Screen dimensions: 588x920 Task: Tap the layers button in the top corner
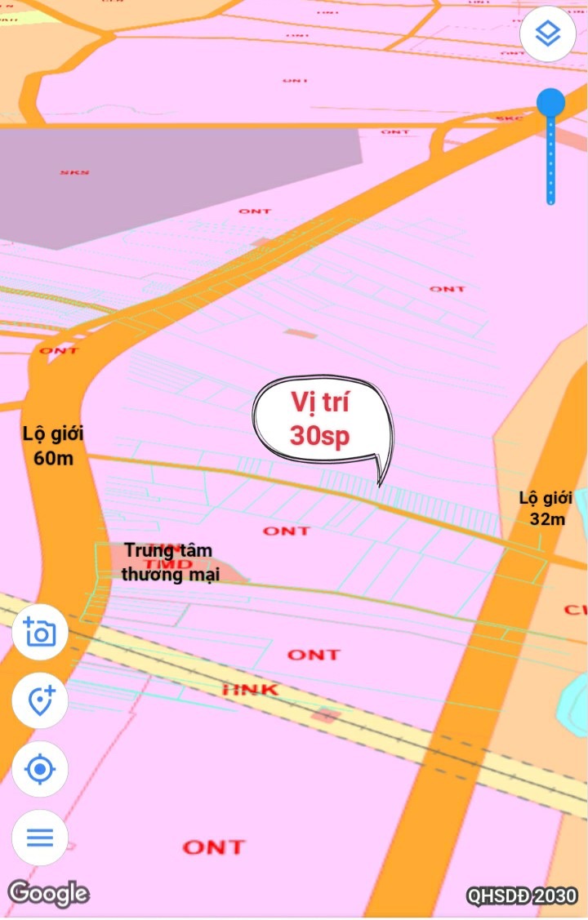coord(548,34)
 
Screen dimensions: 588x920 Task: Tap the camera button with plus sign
coord(40,633)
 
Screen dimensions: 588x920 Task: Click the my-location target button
coord(40,769)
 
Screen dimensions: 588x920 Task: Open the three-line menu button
coord(40,838)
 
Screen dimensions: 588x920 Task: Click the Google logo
coord(48,893)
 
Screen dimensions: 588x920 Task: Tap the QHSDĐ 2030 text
coord(522,896)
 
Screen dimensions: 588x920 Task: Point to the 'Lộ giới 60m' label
coord(53,445)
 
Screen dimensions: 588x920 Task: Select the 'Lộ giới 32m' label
coord(546,508)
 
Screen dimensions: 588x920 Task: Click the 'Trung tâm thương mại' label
coord(170,562)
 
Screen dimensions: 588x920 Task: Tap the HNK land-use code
coord(251,690)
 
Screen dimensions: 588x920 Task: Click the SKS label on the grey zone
coord(74,172)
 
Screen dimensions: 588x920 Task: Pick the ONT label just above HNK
coord(314,655)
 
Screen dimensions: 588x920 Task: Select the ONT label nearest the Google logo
coord(214,847)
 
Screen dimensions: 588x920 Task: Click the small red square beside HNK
coord(326,716)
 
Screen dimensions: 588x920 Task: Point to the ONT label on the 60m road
coord(59,350)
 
